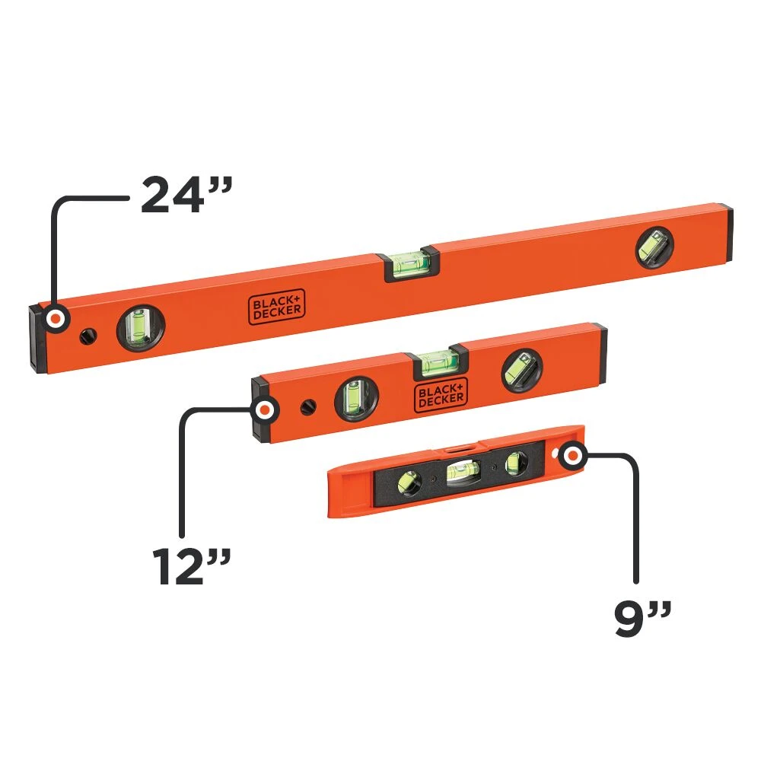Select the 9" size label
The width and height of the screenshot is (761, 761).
coord(644,619)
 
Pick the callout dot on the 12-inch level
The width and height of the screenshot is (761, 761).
coord(265,410)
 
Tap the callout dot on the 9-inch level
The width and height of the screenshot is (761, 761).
coord(572,457)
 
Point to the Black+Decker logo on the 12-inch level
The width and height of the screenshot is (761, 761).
coord(441,393)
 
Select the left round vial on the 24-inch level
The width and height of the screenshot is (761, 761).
coord(139,329)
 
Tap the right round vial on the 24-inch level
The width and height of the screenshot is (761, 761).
coord(654,247)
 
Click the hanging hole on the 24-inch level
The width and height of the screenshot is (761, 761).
coord(90,333)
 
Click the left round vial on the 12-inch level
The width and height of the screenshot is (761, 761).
coord(355,396)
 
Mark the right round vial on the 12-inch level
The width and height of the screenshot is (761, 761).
coord(522,371)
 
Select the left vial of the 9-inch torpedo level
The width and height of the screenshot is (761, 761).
coord(409,483)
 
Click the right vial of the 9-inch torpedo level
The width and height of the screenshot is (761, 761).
coord(516,461)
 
